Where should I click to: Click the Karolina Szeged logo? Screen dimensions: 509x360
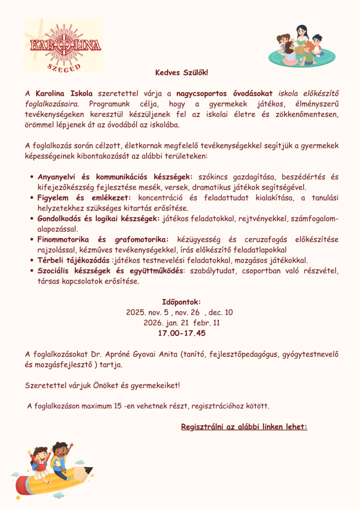63,46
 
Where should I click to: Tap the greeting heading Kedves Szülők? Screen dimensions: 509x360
182,73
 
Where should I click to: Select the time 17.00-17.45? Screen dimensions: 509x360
181,334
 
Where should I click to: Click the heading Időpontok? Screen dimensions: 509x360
181,302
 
